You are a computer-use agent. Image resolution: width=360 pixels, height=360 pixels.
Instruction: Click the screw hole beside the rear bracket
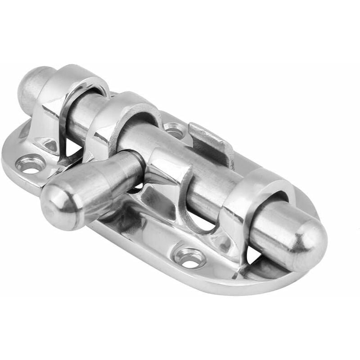31,163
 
